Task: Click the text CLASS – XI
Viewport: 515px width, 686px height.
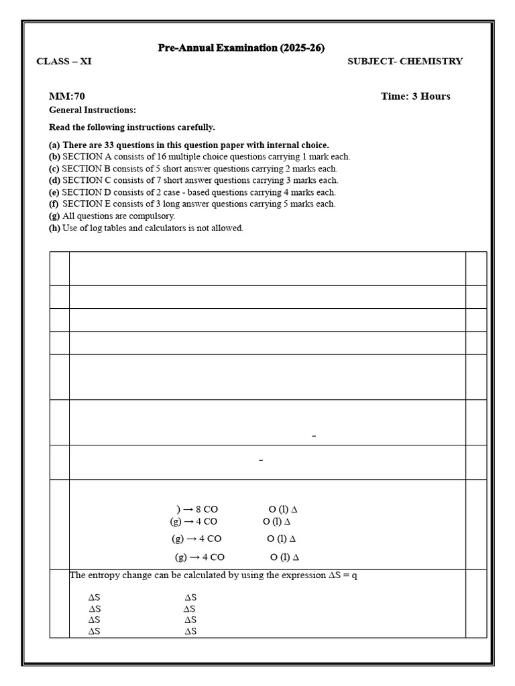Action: pyautogui.click(x=64, y=62)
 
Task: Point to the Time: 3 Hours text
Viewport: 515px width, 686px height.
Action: pyautogui.click(x=415, y=96)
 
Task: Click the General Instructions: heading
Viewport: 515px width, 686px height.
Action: pyautogui.click(x=93, y=110)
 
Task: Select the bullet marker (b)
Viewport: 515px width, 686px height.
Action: pyautogui.click(x=54, y=157)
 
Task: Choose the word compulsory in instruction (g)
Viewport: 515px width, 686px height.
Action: pyautogui.click(x=154, y=216)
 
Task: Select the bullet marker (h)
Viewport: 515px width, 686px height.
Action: pyautogui.click(x=54, y=228)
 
